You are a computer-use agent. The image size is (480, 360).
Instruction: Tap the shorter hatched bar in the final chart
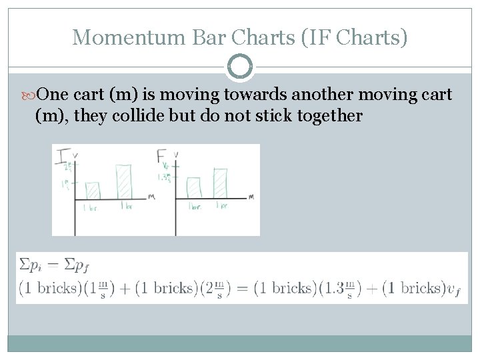tap(194, 187)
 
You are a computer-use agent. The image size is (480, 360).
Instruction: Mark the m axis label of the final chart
tap(251, 197)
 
